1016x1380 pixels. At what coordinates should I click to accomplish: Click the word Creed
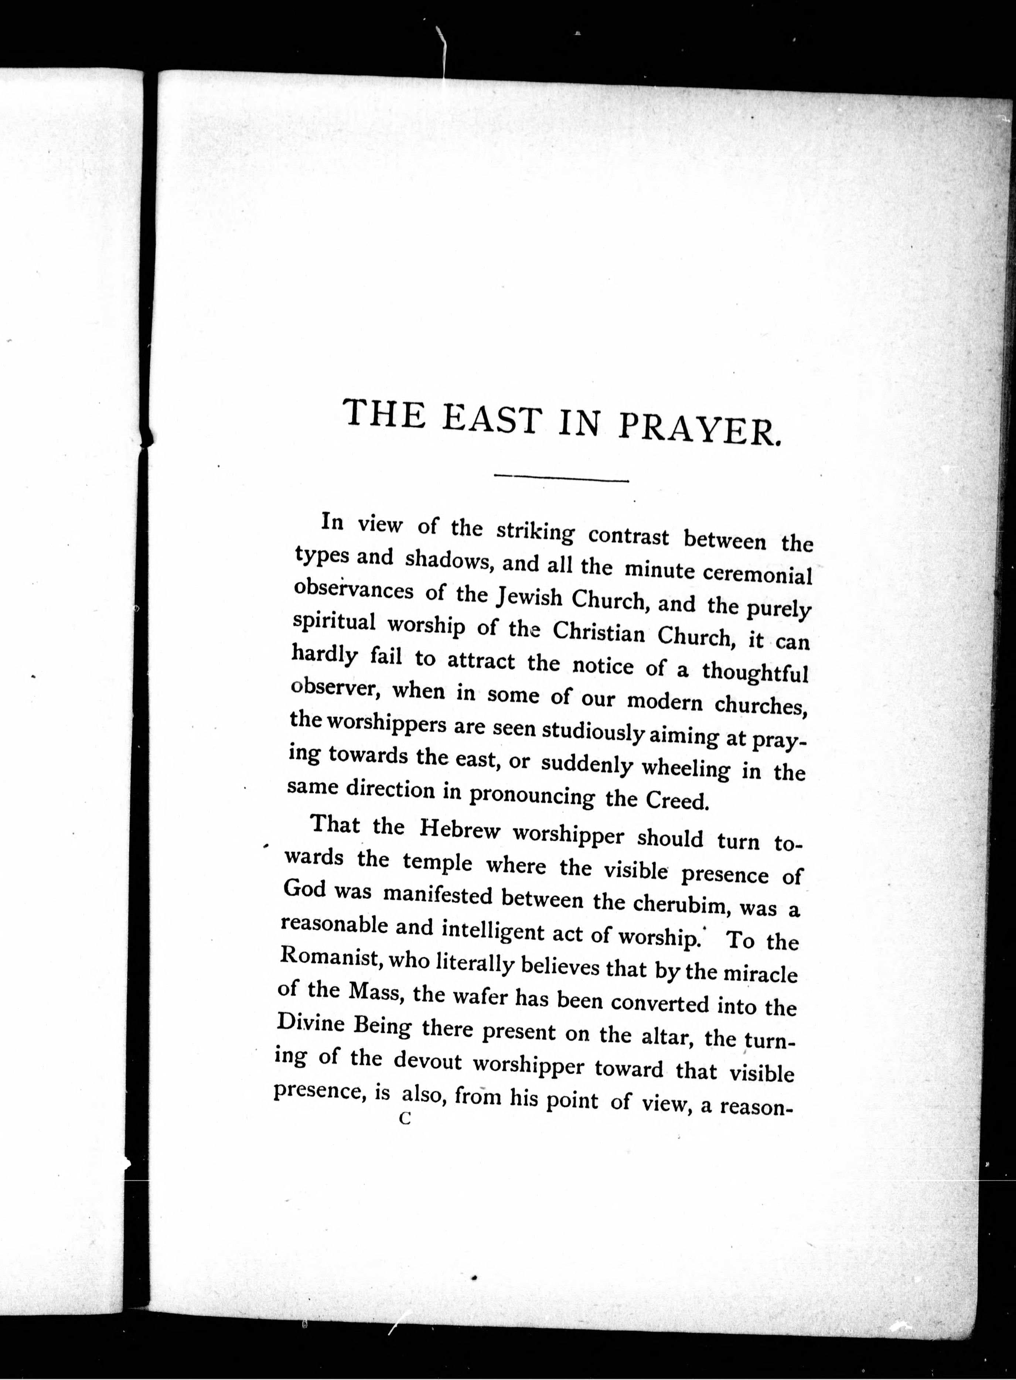pyautogui.click(x=676, y=801)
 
